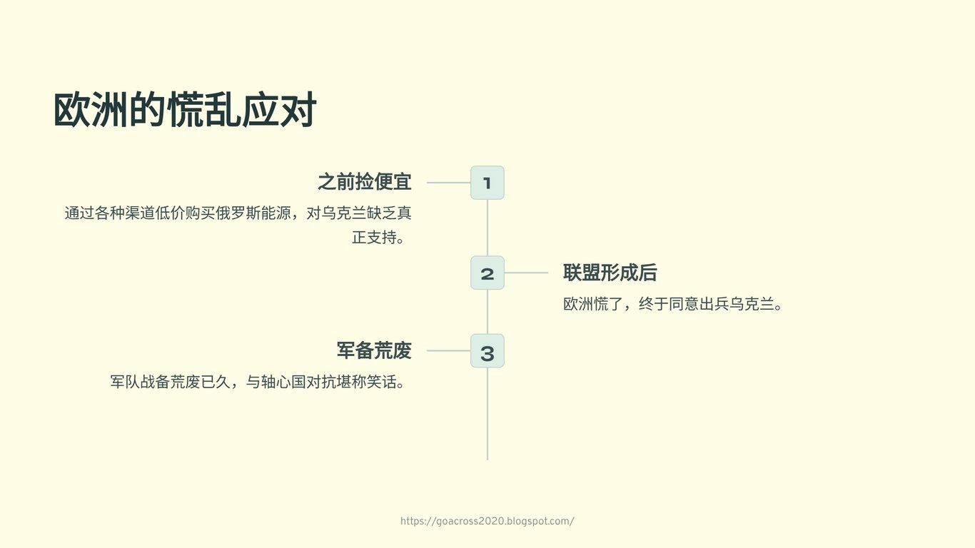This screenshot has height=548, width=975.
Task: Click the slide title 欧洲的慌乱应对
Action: (x=185, y=110)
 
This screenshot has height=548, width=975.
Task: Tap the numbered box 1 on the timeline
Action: (x=487, y=183)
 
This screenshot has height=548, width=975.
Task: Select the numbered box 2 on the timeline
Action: (x=487, y=273)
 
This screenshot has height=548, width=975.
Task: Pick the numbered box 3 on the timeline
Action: (x=487, y=351)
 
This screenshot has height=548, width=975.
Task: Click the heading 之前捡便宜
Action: (x=365, y=181)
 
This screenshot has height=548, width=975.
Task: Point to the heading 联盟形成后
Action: (x=610, y=273)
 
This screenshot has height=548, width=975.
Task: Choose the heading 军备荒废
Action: (x=374, y=350)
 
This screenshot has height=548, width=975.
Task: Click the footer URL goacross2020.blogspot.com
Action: (x=487, y=521)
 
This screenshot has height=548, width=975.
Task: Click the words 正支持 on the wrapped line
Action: (x=374, y=238)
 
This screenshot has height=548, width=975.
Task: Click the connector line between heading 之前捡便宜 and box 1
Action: (x=448, y=183)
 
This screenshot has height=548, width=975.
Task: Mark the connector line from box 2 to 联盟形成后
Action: (x=526, y=273)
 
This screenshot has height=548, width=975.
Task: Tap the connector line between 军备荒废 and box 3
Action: (x=448, y=351)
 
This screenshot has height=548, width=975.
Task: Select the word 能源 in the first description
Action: (x=276, y=213)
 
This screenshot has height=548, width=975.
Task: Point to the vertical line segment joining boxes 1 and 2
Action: (x=487, y=228)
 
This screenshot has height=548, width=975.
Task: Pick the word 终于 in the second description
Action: (x=654, y=304)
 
